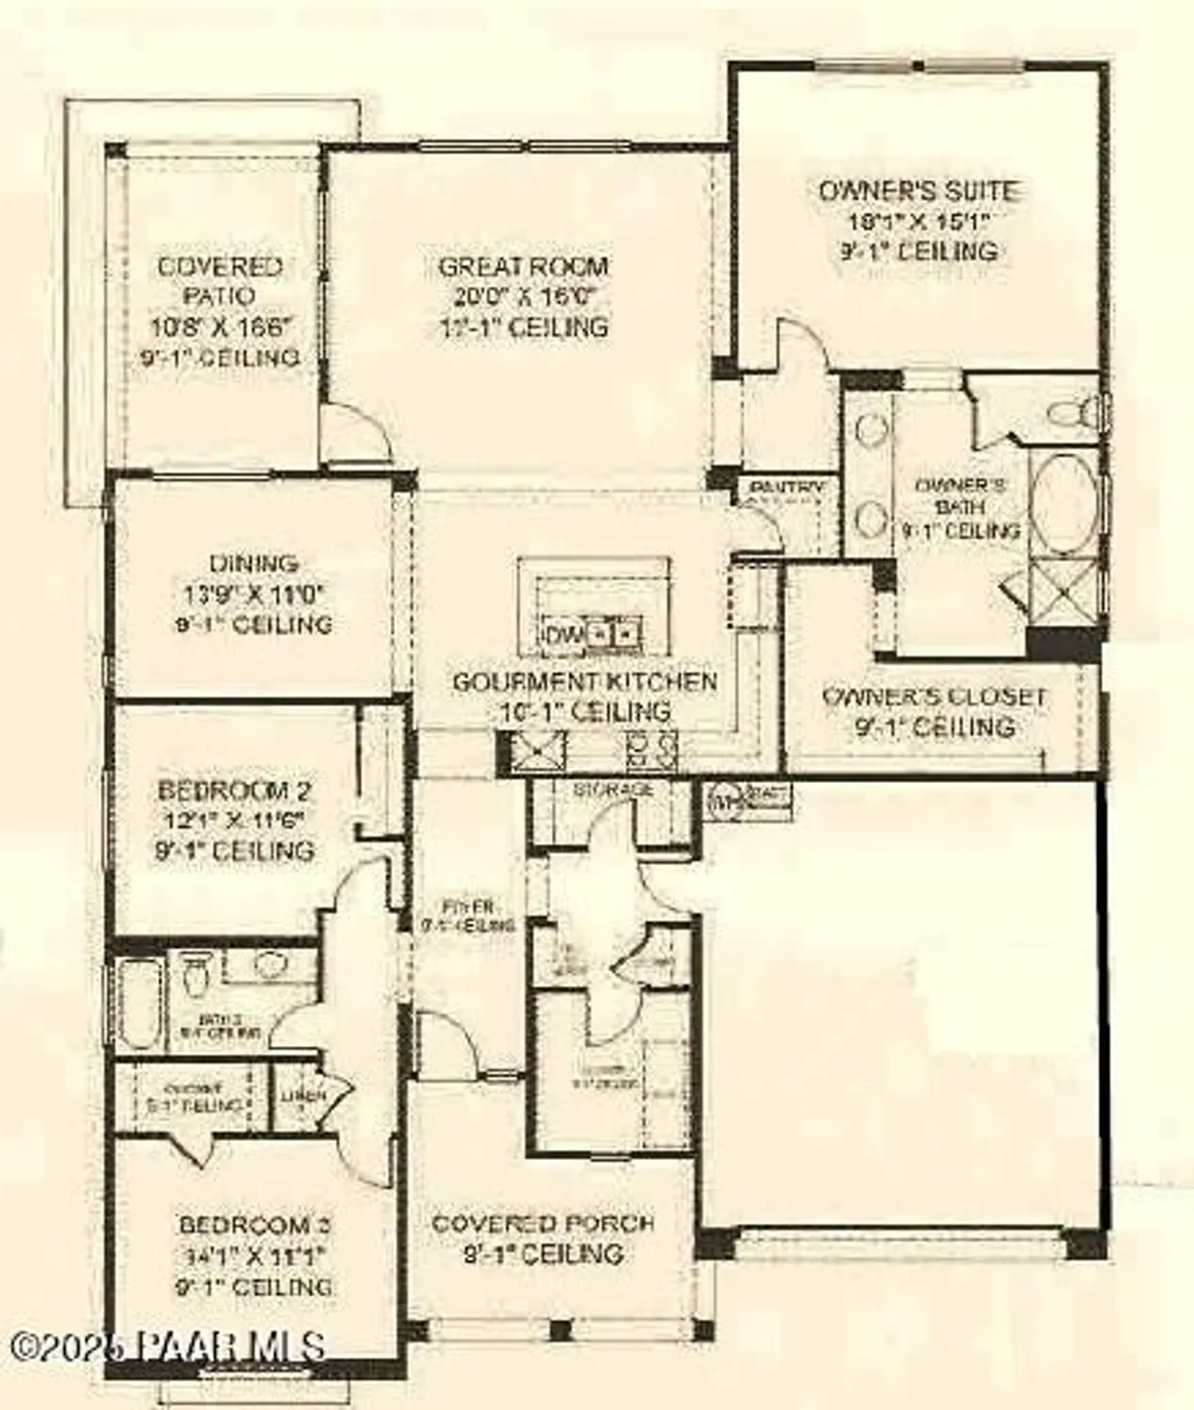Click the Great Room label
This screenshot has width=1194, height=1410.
[524, 267]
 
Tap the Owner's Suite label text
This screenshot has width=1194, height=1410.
[919, 191]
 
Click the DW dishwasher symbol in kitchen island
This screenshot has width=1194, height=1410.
[560, 635]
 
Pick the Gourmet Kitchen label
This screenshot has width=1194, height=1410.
[584, 681]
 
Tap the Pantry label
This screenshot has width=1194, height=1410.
[786, 488]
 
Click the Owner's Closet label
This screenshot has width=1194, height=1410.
[934, 697]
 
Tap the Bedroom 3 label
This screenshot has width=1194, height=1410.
[255, 1225]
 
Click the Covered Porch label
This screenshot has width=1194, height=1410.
[542, 1223]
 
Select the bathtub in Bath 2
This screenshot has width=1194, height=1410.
[144, 1003]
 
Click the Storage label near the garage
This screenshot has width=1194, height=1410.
[613, 790]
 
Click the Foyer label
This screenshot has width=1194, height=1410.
[468, 907]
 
